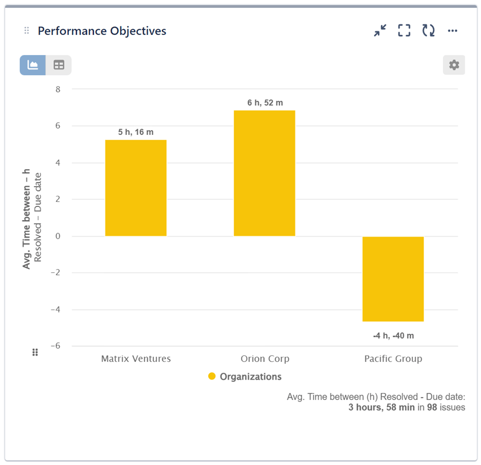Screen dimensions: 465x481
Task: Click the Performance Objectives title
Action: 102,31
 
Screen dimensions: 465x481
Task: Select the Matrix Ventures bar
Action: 136,188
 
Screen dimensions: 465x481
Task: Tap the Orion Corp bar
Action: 264,173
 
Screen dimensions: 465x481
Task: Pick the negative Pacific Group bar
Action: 393,279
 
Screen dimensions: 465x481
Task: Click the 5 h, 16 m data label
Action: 136,132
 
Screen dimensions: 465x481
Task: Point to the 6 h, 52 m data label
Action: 265,103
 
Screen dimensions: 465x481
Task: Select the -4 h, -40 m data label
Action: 393,336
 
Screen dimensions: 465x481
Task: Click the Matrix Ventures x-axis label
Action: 136,359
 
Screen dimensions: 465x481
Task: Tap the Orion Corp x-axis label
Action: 265,359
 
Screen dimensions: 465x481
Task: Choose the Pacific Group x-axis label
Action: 393,359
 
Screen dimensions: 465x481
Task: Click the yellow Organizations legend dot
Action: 212,377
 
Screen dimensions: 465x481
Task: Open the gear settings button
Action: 454,65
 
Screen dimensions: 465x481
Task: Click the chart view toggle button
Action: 33,65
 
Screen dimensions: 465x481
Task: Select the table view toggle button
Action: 59,65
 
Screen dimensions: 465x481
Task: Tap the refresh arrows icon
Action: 428,31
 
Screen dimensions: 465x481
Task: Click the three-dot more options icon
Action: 452,31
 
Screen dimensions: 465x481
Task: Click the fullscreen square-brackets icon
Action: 404,31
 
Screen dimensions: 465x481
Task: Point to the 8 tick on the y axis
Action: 58,89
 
